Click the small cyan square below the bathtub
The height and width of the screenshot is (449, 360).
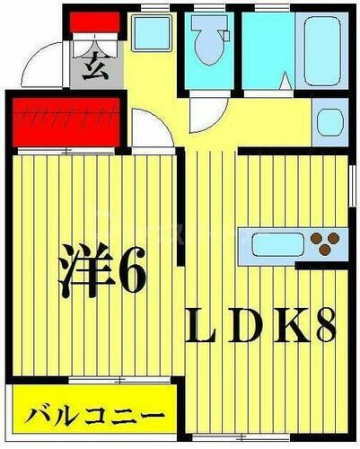point(329,121)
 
